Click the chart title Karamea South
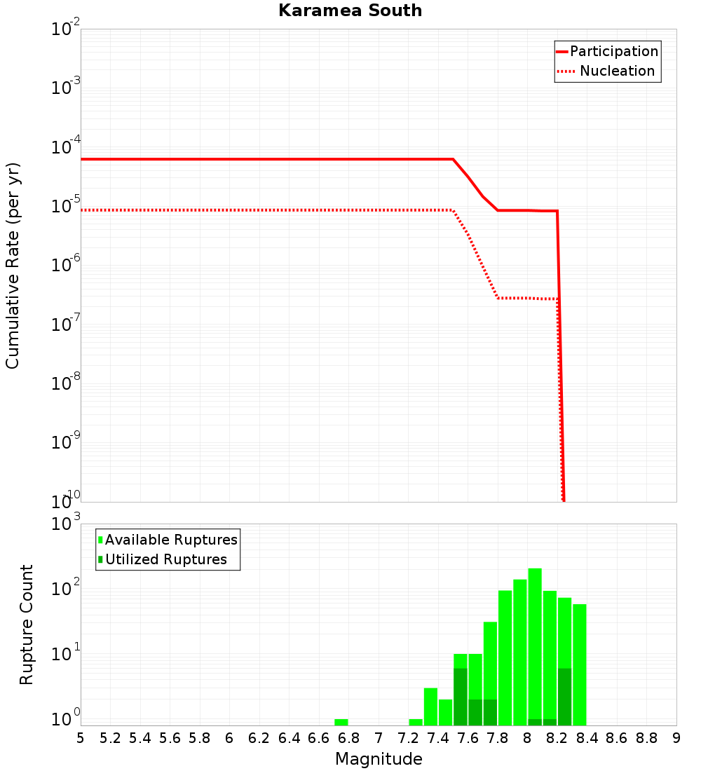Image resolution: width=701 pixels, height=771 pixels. click(x=350, y=11)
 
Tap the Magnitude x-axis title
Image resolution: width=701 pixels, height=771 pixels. click(x=379, y=759)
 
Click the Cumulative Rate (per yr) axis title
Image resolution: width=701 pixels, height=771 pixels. click(x=13, y=266)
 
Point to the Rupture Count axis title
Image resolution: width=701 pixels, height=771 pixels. click(x=27, y=625)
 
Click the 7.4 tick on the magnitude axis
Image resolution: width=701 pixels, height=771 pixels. click(x=438, y=738)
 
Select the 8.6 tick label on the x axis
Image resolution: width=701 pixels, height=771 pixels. click(x=617, y=738)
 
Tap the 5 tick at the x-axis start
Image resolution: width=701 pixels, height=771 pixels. click(x=81, y=738)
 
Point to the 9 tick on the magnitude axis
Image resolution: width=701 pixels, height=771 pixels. click(x=676, y=738)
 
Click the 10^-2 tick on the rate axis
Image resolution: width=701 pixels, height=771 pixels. click(x=66, y=29)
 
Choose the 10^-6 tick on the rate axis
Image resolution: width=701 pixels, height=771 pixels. click(x=66, y=266)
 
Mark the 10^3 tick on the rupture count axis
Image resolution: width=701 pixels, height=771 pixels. click(x=66, y=524)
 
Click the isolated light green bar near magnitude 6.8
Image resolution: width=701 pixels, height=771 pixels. click(x=341, y=722)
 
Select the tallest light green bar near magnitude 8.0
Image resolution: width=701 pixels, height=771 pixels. click(x=535, y=645)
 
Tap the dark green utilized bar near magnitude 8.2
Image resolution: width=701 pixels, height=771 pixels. click(x=565, y=697)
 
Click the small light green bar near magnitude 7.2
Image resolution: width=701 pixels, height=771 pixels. click(x=416, y=722)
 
